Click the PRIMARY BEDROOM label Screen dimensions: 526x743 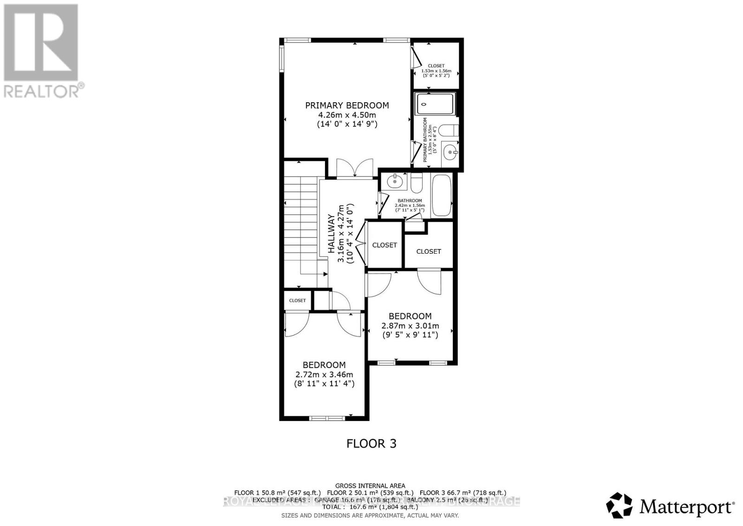[347, 105]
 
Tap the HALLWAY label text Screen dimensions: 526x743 [332, 233]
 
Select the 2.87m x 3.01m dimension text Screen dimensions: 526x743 [410, 326]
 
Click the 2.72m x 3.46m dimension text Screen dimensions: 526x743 [324, 375]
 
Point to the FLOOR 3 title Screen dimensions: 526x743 [371, 443]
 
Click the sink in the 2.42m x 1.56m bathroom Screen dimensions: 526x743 [395, 181]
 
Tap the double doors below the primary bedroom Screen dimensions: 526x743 [355, 168]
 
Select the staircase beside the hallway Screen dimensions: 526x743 [300, 223]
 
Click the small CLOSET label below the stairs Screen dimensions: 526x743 [297, 301]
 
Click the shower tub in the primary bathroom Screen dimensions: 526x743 [435, 104]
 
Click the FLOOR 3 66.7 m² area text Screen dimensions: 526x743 [463, 493]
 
